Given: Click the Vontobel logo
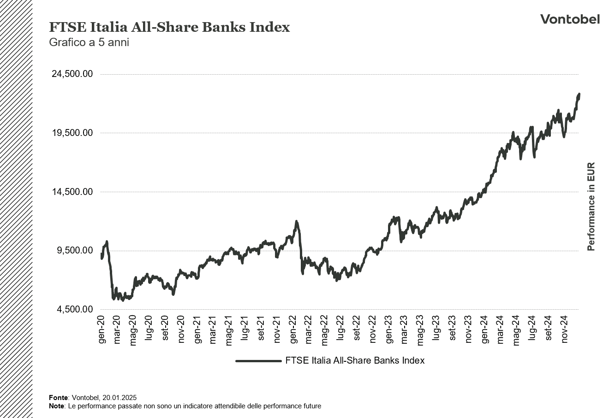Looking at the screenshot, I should tap(570, 19).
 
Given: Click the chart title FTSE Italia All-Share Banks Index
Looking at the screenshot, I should tap(169, 28).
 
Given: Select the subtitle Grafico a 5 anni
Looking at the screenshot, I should tap(89, 42).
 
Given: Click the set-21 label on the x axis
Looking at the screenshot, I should tap(261, 329).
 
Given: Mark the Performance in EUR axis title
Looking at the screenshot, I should tap(591, 206).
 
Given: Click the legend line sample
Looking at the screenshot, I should tap(258, 361).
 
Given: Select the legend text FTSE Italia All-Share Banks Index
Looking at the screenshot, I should tap(355, 361).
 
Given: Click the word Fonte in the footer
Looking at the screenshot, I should tap(59, 397).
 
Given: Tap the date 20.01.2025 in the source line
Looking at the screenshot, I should tap(119, 397).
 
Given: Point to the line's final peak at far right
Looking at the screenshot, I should tap(579, 94).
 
